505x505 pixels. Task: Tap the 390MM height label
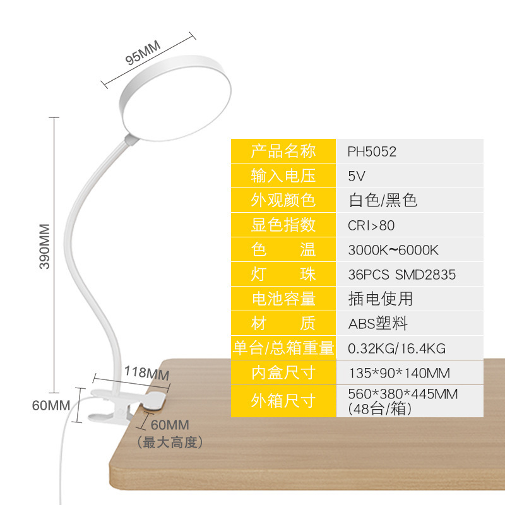pos(45,246)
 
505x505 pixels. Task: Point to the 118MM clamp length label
pos(146,373)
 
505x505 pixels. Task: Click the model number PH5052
pos(372,151)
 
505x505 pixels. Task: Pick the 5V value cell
pos(357,176)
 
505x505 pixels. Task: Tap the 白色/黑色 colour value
pos(383,201)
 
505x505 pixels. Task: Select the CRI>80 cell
pos(371,225)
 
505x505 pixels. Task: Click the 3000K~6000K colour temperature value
pos(393,250)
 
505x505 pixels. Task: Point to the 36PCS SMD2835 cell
pos(401,275)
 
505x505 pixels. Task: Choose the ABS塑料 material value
pos(378,324)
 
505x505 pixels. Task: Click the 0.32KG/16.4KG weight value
pos(397,348)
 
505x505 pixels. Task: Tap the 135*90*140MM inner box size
pos(399,372)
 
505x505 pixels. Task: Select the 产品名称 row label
pos(283,151)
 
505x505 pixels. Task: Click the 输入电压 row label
pos(283,176)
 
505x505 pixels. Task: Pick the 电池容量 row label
pos(283,299)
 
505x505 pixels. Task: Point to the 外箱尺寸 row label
pos(283,401)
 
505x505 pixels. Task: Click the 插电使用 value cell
pos(380,299)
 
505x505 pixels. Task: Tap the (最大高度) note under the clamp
pos(170,443)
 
